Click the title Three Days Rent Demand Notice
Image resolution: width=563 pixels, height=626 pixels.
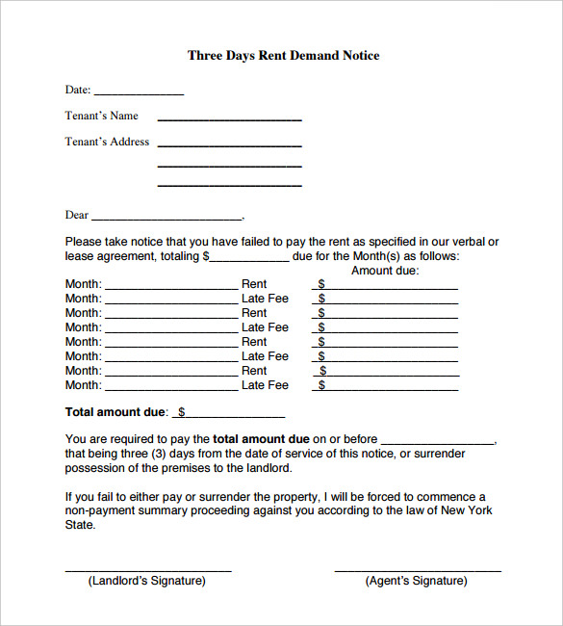pos(283,56)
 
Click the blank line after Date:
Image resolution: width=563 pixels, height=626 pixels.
pos(138,93)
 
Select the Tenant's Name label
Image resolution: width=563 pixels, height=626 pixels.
pos(101,116)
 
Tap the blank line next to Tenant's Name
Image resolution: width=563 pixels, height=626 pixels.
pos(229,119)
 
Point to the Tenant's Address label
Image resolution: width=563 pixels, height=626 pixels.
pos(107,142)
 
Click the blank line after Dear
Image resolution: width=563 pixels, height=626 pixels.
pos(166,219)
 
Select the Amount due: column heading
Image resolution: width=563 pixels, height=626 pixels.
pos(385,271)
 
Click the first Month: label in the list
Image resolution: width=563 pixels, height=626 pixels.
pos(83,284)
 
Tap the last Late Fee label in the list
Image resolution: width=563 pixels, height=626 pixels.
pos(265,385)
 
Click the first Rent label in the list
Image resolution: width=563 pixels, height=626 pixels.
pos(254,284)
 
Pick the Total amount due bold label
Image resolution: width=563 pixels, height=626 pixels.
pos(115,412)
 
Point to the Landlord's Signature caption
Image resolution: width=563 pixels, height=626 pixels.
pos(147,581)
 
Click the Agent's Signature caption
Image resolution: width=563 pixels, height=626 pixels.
pos(417,581)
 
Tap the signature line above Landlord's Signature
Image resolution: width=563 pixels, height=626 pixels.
pos(148,571)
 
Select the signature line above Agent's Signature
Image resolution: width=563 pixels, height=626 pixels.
pos(418,571)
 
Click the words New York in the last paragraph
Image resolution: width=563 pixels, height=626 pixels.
pos(467,511)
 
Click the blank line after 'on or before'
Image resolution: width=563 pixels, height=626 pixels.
pos(438,442)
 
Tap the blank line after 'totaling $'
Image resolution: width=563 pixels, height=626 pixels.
pos(248,260)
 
